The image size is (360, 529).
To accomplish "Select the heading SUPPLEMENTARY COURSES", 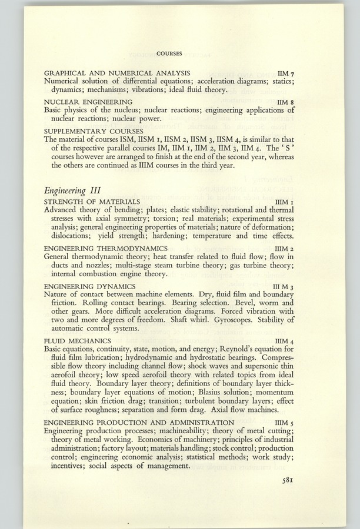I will pos(94,130).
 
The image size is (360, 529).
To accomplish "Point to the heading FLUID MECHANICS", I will pos(78,340).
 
